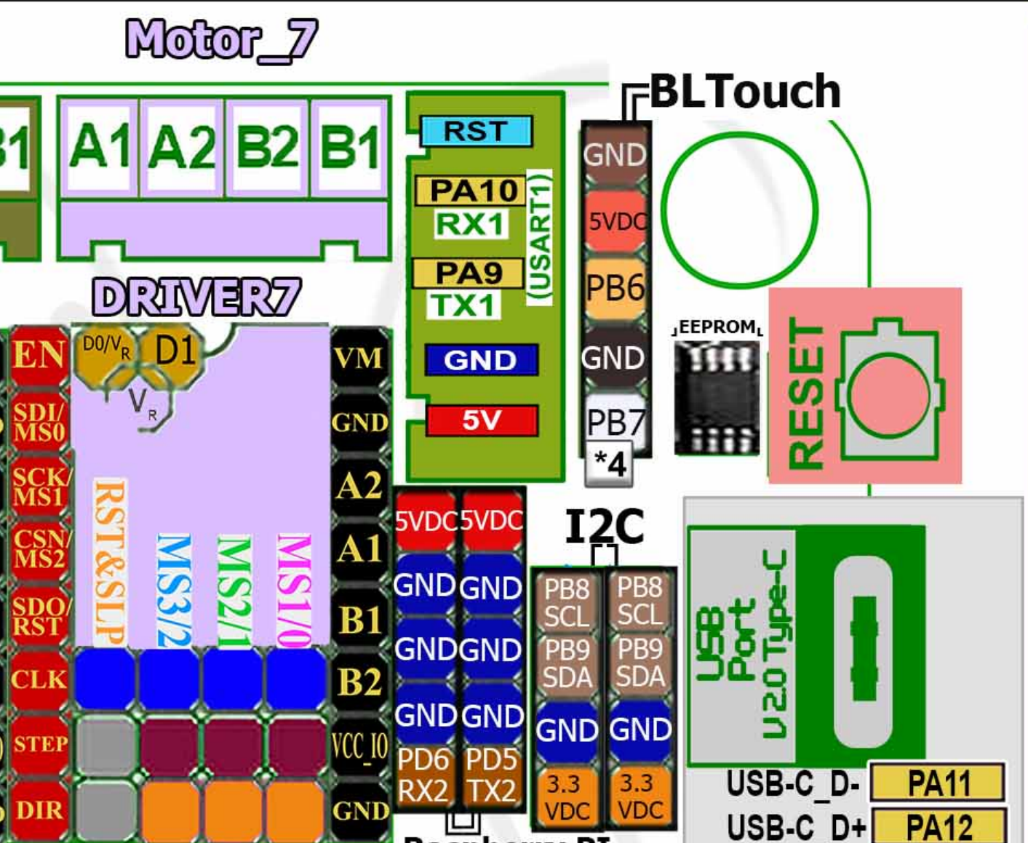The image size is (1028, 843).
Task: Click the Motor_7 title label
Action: (221, 40)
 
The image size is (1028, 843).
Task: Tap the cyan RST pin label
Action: (476, 132)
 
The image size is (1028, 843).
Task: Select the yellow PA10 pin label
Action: (471, 191)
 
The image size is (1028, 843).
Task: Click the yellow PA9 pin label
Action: (468, 273)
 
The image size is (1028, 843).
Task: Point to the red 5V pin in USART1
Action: (482, 420)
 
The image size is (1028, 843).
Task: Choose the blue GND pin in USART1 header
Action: (481, 360)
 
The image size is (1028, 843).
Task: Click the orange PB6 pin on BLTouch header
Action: (615, 288)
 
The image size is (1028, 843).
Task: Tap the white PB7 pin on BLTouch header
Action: (615, 421)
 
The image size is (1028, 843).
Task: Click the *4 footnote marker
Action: (610, 463)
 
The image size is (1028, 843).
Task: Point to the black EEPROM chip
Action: (717, 398)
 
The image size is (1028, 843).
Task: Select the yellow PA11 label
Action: (939, 783)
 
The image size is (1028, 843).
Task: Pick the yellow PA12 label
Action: (939, 827)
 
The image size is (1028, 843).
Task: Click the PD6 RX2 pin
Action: (425, 775)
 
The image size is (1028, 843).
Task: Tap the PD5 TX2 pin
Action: (491, 775)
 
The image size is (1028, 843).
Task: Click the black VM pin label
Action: (358, 359)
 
